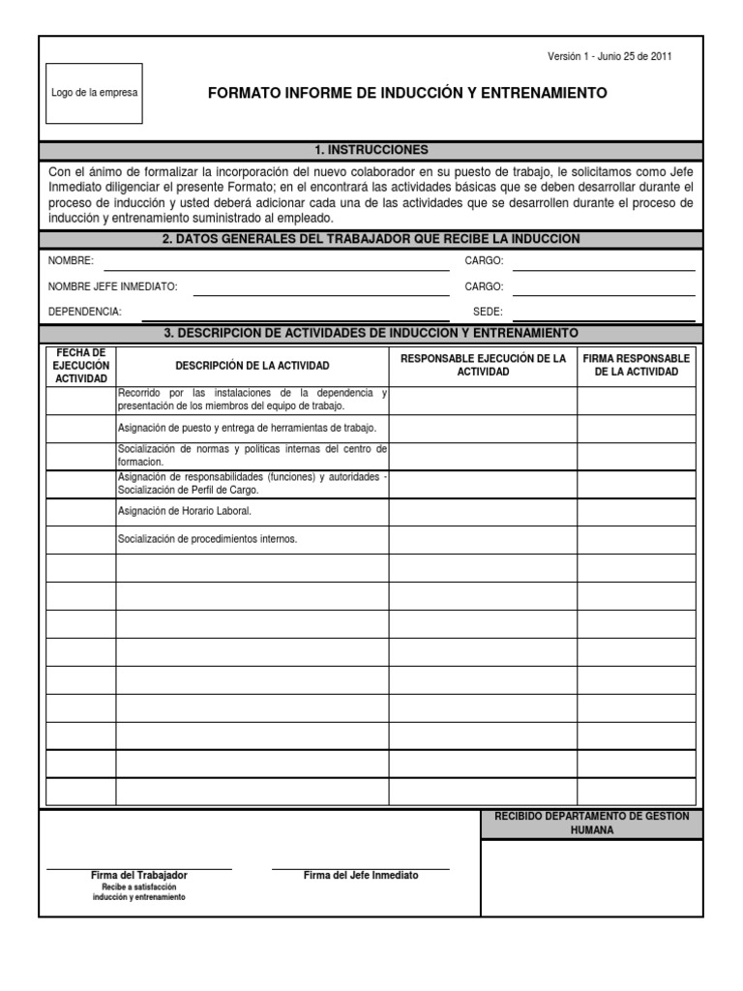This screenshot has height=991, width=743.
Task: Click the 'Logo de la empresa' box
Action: click(94, 93)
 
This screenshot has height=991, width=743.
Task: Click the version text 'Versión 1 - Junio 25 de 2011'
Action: click(609, 56)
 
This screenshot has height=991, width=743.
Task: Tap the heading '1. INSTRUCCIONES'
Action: click(371, 150)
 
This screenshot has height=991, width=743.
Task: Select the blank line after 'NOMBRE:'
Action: click(276, 262)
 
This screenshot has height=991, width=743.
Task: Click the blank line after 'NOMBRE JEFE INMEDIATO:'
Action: click(320, 287)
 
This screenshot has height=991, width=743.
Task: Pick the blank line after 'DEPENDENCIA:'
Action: click(295, 313)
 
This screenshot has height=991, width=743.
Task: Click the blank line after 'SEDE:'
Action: click(604, 313)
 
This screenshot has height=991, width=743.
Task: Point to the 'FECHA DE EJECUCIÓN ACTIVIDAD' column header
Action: click(81, 365)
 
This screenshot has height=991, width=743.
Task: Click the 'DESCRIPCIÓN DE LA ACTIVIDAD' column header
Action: click(252, 366)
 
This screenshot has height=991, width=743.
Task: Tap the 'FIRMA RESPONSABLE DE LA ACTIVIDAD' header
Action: click(637, 365)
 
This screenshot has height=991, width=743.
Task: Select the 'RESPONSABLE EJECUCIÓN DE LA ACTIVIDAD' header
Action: click(483, 365)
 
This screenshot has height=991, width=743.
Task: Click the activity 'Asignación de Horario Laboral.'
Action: click(184, 511)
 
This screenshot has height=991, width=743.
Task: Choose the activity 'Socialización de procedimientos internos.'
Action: click(207, 539)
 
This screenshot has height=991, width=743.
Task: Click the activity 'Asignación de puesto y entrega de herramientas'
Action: click(247, 428)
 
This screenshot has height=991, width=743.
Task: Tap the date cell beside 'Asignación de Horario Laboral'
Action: click(81, 512)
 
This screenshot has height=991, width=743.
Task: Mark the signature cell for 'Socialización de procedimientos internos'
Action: click(637, 540)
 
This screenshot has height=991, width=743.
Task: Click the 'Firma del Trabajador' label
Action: click(139, 875)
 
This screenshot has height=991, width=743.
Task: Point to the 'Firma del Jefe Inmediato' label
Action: click(361, 875)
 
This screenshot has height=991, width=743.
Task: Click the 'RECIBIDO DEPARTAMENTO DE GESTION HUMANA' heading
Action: click(592, 824)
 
